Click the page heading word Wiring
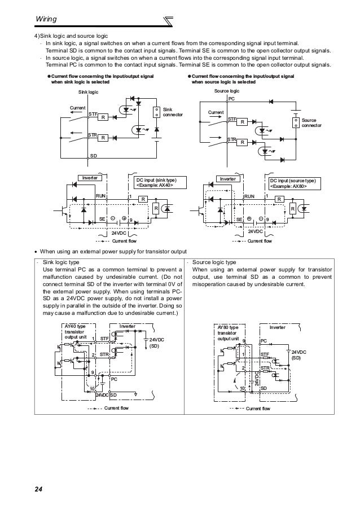click(46, 19)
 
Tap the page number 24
click(38, 489)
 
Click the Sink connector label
click(173, 112)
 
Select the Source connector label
click(311, 122)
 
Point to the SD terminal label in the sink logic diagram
click(94, 156)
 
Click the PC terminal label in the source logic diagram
click(231, 99)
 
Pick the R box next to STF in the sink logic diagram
click(103, 117)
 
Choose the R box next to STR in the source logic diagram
click(242, 142)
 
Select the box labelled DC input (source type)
click(295, 183)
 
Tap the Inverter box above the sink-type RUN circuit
click(90, 178)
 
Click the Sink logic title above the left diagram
click(88, 92)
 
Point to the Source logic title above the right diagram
click(227, 91)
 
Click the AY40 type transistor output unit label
click(75, 332)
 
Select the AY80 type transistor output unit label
click(228, 333)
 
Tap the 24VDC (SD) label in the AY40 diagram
click(156, 343)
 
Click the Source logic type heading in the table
click(214, 262)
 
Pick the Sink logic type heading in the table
click(61, 262)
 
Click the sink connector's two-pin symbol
click(156, 112)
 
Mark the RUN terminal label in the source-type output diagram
click(249, 196)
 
